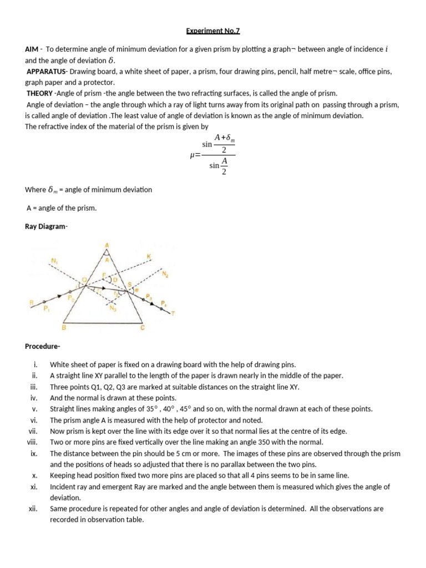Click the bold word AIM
point(32,49)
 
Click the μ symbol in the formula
point(192,157)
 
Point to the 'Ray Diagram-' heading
point(46,226)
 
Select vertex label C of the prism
point(142,327)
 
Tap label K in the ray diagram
point(148,256)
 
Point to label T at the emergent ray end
point(173,313)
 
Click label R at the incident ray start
point(31,302)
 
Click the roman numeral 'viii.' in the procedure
point(32,442)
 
